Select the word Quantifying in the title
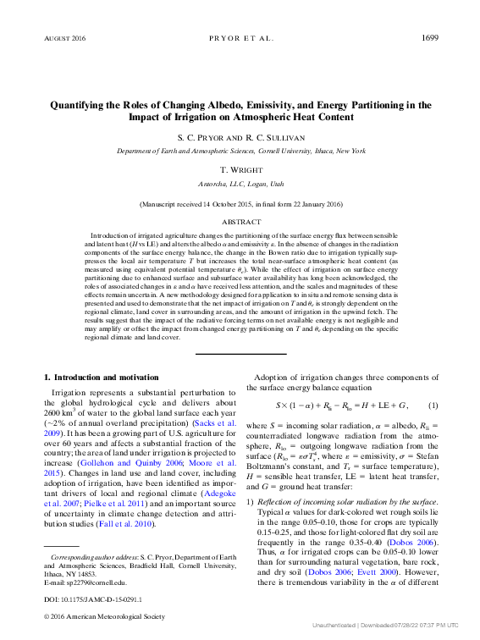point(82,106)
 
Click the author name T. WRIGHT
point(241,169)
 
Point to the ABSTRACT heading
point(241,219)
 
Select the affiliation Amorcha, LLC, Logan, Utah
point(241,183)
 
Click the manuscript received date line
point(241,204)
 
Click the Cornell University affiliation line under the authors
point(241,150)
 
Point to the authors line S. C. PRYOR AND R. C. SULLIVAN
point(241,136)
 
